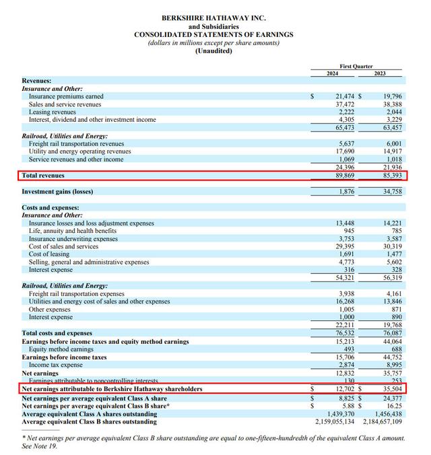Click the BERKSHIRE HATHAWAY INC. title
coord(213,18)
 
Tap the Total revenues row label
coord(43,176)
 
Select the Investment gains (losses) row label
coord(57,192)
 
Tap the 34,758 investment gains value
coord(391,192)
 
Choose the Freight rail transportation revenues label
coord(76,144)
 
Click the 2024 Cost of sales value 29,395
coord(343,246)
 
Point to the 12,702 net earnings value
coord(344,389)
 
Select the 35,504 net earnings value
coord(391,389)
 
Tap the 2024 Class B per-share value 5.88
coord(348,406)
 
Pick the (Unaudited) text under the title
coord(213,51)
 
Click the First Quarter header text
coord(356,67)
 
